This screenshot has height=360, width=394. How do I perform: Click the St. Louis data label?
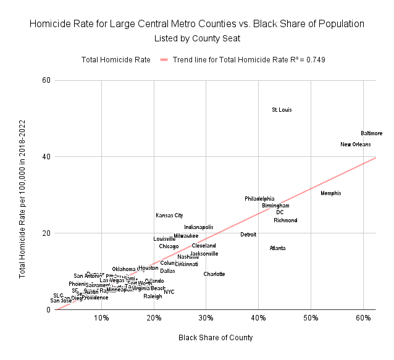click(282, 110)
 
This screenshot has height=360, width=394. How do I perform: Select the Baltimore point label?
click(371, 133)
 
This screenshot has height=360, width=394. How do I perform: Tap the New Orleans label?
click(356, 144)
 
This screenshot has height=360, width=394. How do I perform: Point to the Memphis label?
click(330, 193)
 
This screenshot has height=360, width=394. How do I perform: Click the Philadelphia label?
click(259, 199)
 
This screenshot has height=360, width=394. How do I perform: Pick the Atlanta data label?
click(277, 248)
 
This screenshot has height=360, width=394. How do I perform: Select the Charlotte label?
click(214, 274)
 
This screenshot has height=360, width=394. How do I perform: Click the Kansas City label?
click(169, 216)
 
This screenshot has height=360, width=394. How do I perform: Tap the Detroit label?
click(248, 235)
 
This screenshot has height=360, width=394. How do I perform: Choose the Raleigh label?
click(153, 296)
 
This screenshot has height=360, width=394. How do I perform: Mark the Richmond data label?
click(285, 220)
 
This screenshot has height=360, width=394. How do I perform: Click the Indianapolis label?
click(199, 227)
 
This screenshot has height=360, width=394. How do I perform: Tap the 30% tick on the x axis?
click(206, 318)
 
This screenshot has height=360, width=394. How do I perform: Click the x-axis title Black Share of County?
click(216, 338)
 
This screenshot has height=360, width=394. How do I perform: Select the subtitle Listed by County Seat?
click(196, 38)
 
